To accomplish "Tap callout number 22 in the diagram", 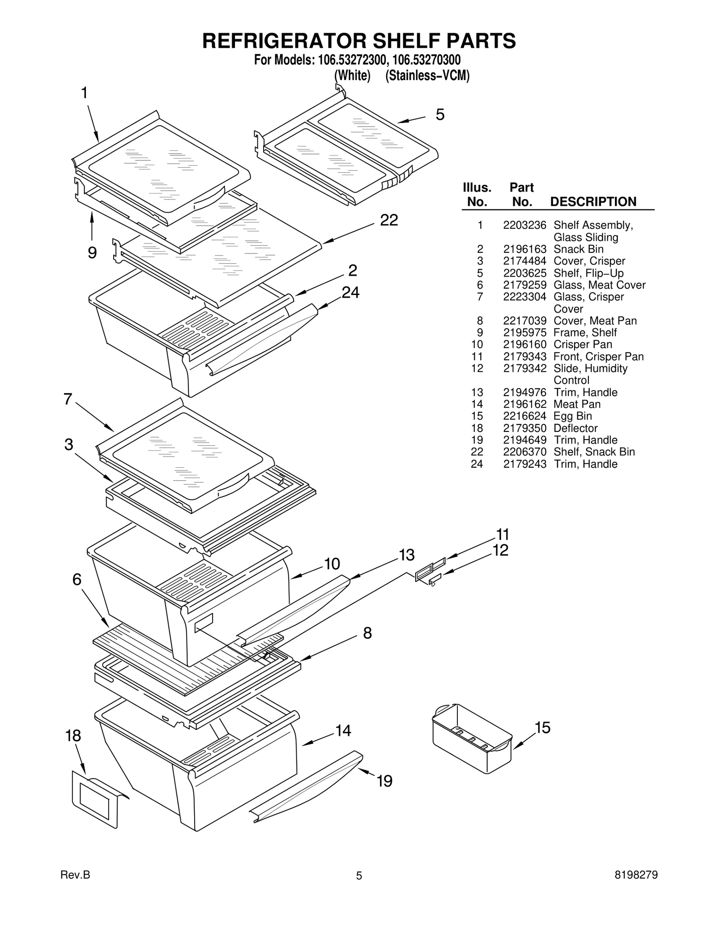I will click(388, 220).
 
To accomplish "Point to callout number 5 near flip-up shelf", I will click(440, 115).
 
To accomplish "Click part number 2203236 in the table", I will click(524, 225).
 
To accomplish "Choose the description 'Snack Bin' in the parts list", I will click(578, 249).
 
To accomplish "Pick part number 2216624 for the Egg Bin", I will click(524, 416).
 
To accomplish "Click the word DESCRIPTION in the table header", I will click(593, 202).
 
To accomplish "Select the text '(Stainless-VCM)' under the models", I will click(427, 76).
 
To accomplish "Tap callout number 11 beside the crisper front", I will click(503, 534).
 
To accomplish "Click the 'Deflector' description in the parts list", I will click(575, 428).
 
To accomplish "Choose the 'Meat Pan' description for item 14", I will click(577, 404).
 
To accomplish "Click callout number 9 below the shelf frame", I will click(92, 253).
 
